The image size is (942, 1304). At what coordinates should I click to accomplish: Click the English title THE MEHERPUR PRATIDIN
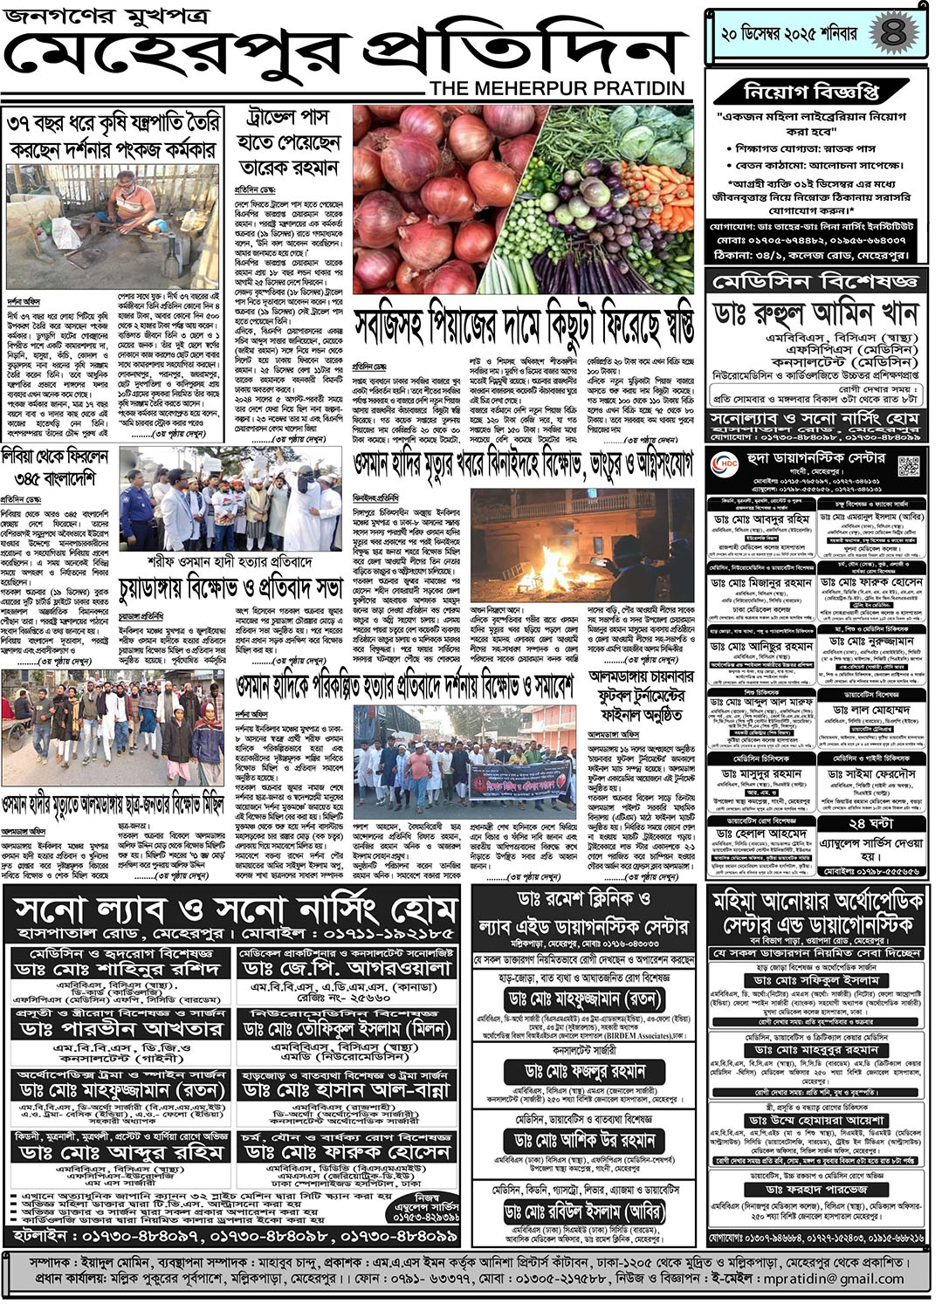(557, 88)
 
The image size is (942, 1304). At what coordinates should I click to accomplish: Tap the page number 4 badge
(892, 33)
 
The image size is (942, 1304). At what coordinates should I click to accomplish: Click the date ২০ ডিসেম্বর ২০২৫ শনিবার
(788, 35)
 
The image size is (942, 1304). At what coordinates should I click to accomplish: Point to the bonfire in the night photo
(541, 559)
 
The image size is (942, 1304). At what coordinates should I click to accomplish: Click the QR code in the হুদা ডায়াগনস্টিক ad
(908, 465)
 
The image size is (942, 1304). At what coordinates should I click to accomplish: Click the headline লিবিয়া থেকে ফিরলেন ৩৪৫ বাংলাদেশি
(56, 467)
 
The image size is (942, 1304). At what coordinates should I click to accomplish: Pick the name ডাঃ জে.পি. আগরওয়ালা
(347, 968)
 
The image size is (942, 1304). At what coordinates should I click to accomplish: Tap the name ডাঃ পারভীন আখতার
(121, 1029)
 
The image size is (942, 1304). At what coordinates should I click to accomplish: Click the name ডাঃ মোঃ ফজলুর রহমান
(585, 1071)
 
